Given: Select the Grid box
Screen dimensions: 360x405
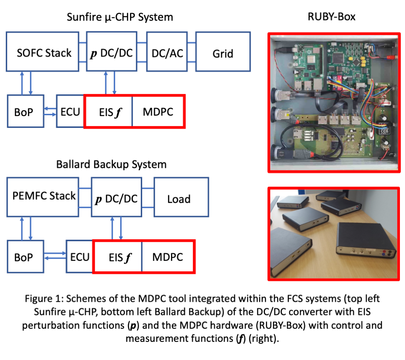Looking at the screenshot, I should click(x=223, y=53).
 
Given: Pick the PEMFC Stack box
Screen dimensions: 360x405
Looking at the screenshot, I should click(x=44, y=196).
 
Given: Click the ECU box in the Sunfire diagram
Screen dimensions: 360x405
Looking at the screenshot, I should click(x=70, y=111).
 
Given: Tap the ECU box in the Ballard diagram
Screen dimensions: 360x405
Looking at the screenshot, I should click(x=79, y=257).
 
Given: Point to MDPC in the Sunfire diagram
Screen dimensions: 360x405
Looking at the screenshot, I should click(x=158, y=111).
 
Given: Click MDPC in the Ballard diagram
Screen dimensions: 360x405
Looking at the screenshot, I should click(x=167, y=257).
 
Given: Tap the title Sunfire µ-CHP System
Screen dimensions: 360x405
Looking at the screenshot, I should click(x=120, y=17).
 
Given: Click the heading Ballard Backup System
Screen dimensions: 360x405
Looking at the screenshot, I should click(x=111, y=164).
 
